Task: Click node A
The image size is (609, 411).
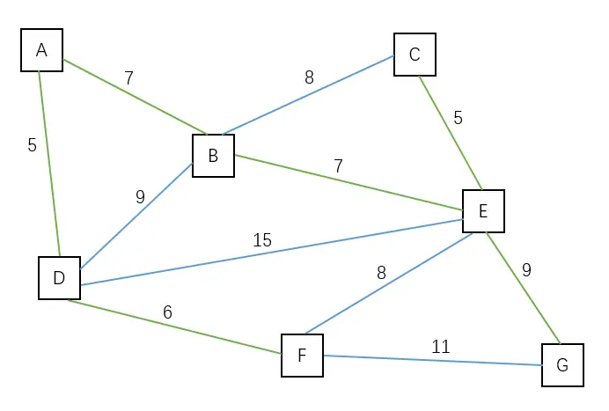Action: (41, 50)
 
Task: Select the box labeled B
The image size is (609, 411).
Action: (213, 156)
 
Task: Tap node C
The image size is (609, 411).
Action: (415, 55)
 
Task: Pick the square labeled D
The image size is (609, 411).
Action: (59, 278)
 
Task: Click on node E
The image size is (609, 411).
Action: (483, 210)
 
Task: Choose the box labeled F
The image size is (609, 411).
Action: (302, 356)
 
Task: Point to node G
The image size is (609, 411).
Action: (562, 364)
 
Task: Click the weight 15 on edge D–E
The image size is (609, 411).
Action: (262, 239)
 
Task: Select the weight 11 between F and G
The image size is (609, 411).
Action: (441, 347)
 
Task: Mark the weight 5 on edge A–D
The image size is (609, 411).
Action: (32, 145)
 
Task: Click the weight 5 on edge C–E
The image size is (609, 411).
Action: (458, 117)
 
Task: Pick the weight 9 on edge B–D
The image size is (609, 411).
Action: (140, 197)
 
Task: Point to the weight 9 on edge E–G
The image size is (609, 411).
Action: (526, 270)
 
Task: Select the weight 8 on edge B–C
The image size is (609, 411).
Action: (309, 77)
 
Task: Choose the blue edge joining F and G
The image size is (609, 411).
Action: (432, 360)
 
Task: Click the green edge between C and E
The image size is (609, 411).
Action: (450, 132)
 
